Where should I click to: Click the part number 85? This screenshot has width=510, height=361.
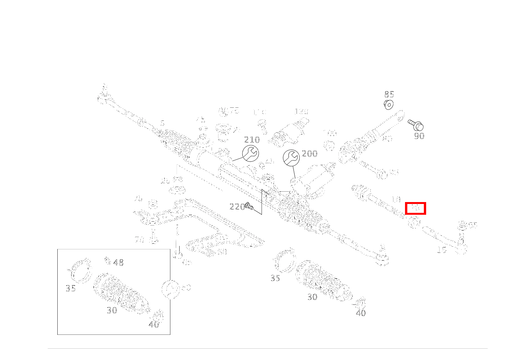[x=389, y=94]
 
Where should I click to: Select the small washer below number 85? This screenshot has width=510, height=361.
[x=389, y=104]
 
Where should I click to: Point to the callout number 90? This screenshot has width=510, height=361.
[x=419, y=136]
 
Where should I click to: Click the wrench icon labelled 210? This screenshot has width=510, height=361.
[x=250, y=153]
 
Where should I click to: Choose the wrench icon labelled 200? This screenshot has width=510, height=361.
[x=291, y=158]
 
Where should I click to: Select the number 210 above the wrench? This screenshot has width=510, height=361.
[x=252, y=140]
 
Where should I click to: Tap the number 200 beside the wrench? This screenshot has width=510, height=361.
[x=310, y=154]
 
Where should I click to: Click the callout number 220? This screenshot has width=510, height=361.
[x=237, y=207]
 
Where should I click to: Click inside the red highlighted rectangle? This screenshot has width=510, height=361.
[x=415, y=208]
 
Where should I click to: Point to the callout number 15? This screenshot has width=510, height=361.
[x=442, y=250]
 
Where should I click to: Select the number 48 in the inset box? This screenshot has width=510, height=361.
[x=118, y=263]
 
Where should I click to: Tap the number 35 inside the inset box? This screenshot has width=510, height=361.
[x=70, y=289]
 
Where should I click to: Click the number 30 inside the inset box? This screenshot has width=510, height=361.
[x=112, y=310]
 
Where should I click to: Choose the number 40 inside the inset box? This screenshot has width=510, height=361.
[x=154, y=324]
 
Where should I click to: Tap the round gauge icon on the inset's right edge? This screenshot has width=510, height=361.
[x=170, y=289]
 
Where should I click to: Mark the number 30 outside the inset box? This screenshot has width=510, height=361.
[x=312, y=297]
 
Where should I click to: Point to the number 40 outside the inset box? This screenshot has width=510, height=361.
[x=361, y=313]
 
